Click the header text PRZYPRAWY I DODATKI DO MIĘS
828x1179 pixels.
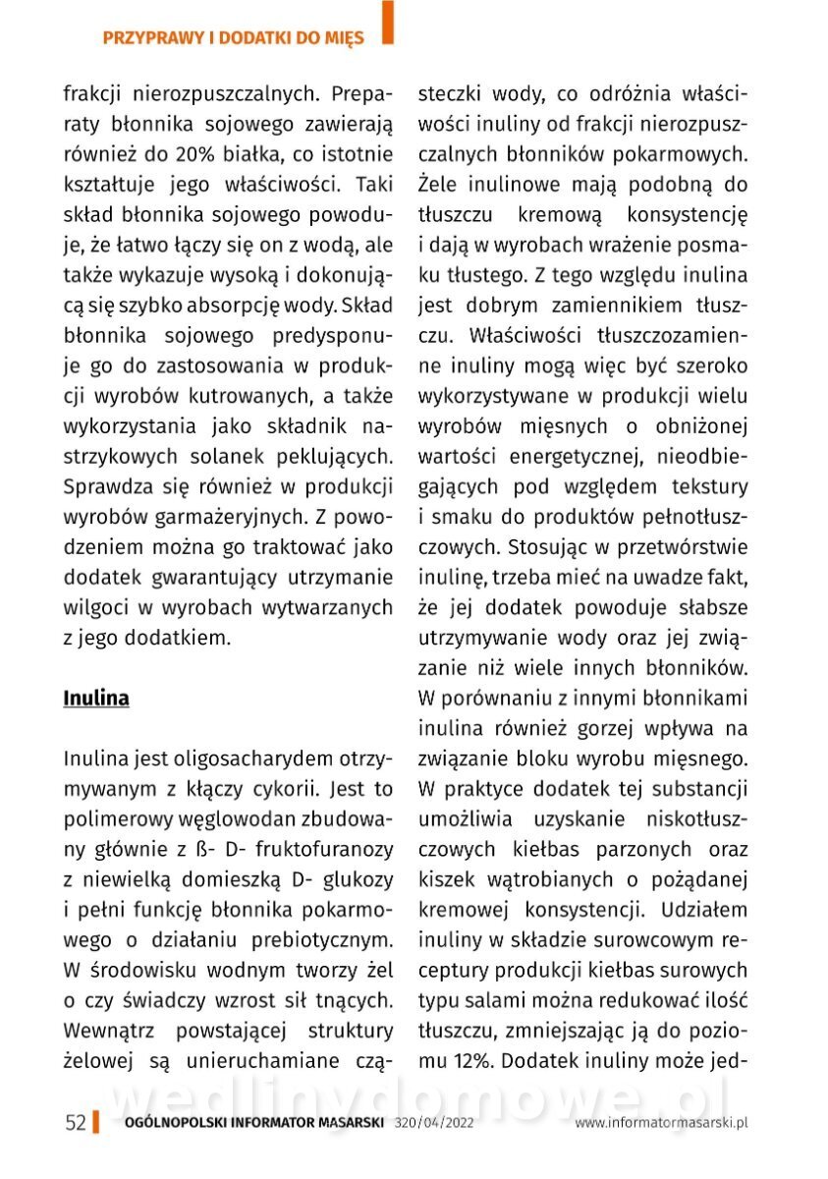click(x=233, y=38)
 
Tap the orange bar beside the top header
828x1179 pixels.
click(x=388, y=23)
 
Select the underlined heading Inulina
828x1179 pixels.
click(x=96, y=699)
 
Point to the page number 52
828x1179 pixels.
click(x=75, y=1123)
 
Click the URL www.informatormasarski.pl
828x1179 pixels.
click(x=662, y=1123)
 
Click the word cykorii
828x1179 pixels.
click(x=283, y=789)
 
